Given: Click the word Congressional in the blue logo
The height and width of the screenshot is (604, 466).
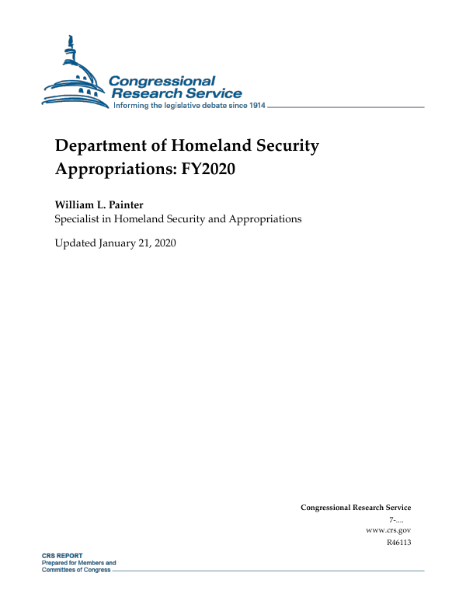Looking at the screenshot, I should tap(162, 81).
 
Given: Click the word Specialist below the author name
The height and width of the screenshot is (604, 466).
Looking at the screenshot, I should tap(78, 219).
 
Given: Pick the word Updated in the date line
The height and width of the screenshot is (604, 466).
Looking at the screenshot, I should tap(75, 243).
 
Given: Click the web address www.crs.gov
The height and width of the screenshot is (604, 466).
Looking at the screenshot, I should tap(388, 529).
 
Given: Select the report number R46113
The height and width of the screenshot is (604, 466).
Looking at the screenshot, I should tap(398, 542).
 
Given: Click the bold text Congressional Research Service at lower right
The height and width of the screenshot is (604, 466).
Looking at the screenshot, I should tap(355, 508).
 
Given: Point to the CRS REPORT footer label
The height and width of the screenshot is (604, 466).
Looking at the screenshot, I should tap(61, 556).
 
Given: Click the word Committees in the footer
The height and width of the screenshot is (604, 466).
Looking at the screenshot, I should tap(59, 570).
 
